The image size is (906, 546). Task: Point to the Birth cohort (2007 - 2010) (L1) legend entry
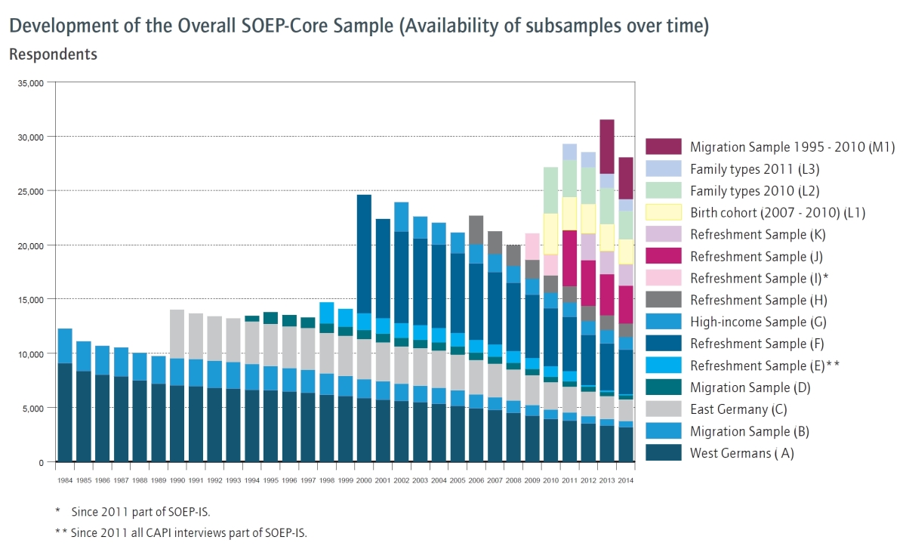[778, 212]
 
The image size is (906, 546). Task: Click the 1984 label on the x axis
[65, 480]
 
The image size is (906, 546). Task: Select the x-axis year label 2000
[364, 480]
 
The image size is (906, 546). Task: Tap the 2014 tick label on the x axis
[625, 480]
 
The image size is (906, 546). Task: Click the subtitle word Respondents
[53, 54]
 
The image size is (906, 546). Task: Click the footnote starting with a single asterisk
[128, 512]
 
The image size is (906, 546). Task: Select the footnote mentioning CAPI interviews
[181, 532]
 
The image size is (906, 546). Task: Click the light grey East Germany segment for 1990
[177, 334]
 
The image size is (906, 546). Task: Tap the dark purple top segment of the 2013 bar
[606, 147]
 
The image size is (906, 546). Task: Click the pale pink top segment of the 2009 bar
[532, 246]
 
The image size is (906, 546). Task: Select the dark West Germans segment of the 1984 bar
[65, 412]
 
